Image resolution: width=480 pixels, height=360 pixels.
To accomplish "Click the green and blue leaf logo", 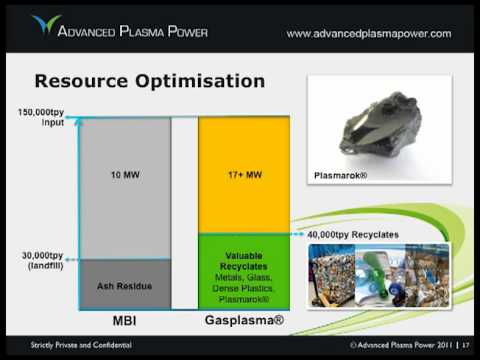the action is point(46,24).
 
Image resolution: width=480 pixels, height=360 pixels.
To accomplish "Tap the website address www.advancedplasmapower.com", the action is point(369,34).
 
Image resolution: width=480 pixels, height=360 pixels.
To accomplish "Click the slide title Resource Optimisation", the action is point(150,81).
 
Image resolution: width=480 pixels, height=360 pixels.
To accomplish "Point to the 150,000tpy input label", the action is point(41,117).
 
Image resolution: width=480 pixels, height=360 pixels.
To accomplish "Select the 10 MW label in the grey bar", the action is point(125,175).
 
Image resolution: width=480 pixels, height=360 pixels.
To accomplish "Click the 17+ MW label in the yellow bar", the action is point(245,174).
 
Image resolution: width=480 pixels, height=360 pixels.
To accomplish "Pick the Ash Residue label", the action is point(124,286).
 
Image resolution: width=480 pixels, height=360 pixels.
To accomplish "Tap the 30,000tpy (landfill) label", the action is point(43,260).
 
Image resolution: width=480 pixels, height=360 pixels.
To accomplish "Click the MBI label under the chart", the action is point(124,321).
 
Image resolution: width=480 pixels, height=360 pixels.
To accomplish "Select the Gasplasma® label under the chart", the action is point(244,320).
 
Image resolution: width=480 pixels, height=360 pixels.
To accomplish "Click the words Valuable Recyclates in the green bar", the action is point(244,261).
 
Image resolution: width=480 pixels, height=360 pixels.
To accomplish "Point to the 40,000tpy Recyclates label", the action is point(353,235).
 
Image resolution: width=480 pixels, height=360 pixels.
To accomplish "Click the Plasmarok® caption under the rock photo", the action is point(340,175).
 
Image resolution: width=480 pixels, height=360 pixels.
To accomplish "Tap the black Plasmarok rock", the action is point(380,124).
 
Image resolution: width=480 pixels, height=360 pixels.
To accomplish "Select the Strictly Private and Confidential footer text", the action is point(81,345).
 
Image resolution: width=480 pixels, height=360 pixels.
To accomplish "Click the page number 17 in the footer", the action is point(465,345).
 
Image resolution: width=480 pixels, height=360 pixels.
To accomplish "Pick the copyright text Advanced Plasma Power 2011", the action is point(401,345).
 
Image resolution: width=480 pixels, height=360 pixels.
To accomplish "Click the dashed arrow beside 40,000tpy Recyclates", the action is point(296,234).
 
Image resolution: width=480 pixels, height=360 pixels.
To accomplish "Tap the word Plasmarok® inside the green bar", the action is point(244,299).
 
